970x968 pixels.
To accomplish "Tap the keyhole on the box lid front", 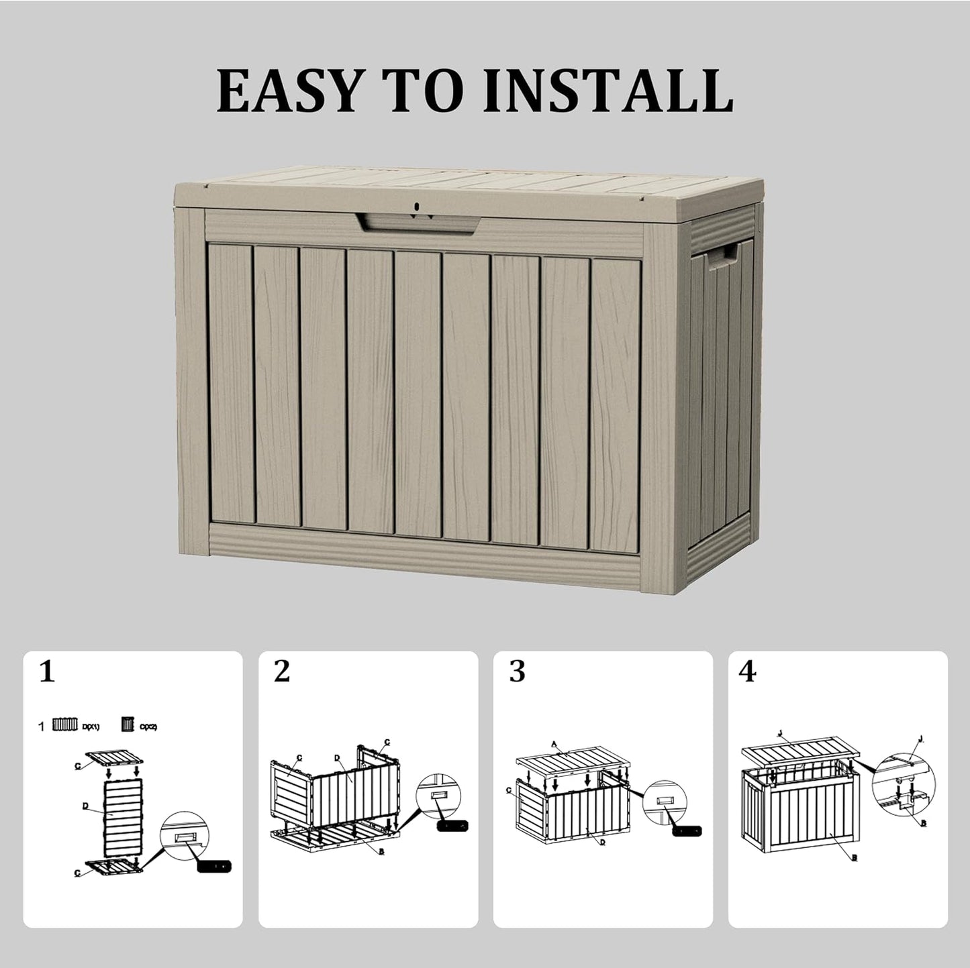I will click(416, 207).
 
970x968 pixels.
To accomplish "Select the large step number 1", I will click(46, 671).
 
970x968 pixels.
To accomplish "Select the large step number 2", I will click(281, 671).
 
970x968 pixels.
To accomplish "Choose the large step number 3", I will click(516, 671).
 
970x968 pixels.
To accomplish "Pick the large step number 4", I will click(747, 671).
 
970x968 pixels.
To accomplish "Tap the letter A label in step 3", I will click(554, 744).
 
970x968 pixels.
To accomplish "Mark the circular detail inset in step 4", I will click(904, 785).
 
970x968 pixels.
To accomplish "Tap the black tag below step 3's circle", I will click(687, 830).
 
